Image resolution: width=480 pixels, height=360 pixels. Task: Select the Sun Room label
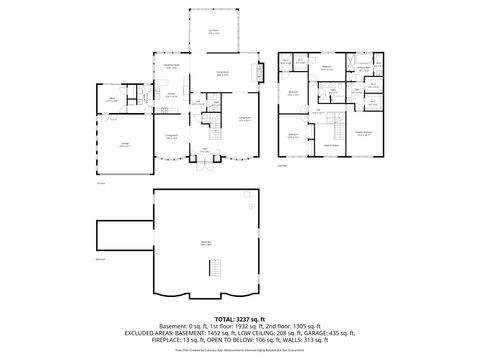214,31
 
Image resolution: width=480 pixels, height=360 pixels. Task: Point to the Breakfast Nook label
172,67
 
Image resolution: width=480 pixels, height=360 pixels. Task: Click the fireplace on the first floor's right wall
261,73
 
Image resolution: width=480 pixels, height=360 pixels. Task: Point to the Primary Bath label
363,69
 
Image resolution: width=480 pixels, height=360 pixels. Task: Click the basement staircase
212,268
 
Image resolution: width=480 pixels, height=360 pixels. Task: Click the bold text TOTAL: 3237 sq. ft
239,317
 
